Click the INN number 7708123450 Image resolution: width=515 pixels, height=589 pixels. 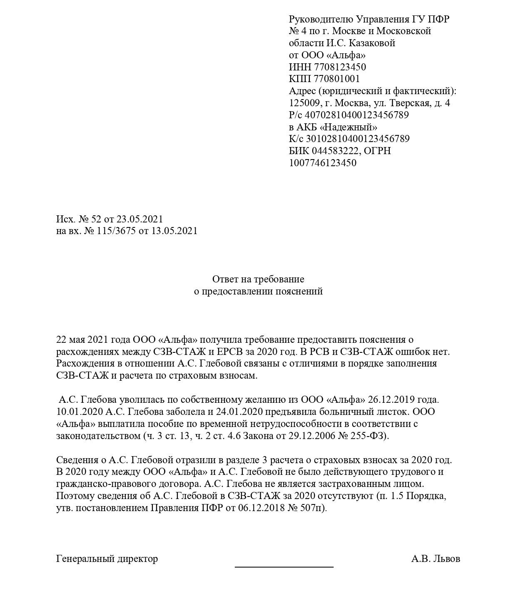340,67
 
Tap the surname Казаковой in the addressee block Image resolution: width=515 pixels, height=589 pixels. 372,43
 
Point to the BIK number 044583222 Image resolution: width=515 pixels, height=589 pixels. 335,151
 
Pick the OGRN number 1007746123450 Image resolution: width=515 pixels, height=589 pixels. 323,163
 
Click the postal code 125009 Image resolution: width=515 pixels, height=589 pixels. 304,103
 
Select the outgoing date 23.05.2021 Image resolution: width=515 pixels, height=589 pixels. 139,219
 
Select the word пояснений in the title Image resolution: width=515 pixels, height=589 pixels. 299,291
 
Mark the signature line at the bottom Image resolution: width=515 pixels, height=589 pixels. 284,567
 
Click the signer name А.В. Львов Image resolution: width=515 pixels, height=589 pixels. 435,559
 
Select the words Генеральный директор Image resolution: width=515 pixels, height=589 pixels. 107,559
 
